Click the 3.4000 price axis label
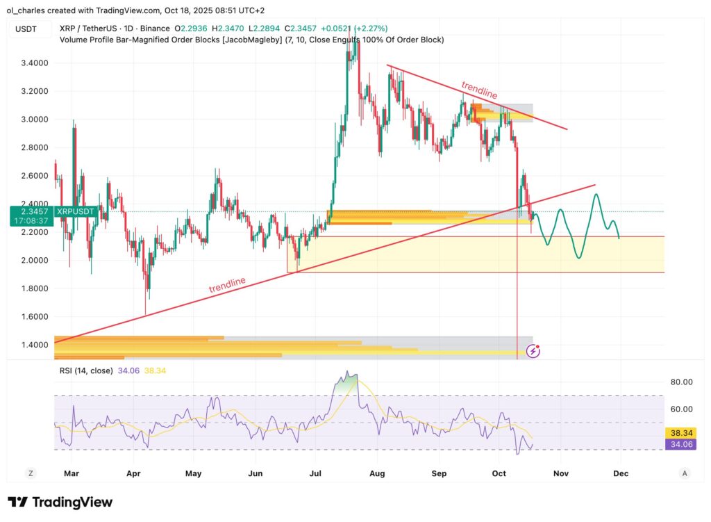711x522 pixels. [30, 63]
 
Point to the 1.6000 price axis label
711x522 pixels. [30, 316]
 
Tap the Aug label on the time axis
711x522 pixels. [377, 473]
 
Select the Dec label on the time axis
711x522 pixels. [621, 473]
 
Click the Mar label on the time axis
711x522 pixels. [72, 473]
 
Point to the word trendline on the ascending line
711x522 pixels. [227, 285]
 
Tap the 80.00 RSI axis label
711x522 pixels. [681, 382]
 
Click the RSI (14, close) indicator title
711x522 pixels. [86, 370]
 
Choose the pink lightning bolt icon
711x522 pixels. [533, 351]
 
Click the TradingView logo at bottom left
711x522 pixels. [60, 502]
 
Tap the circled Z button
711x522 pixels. [31, 473]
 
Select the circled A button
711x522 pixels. [685, 473]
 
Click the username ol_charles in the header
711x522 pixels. [31, 10]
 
